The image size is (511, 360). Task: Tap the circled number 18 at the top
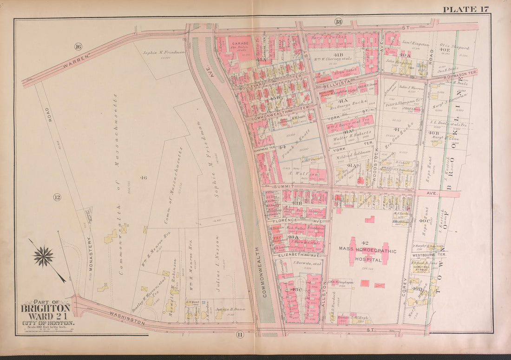(x=338, y=21)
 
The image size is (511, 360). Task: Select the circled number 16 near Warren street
(x=78, y=46)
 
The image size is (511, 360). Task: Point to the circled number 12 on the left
(x=57, y=197)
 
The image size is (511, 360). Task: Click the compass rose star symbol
(x=44, y=256)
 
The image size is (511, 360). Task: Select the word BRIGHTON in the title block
(x=46, y=308)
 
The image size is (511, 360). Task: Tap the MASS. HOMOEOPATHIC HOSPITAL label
(x=367, y=255)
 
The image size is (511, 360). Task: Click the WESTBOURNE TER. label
(x=429, y=255)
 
